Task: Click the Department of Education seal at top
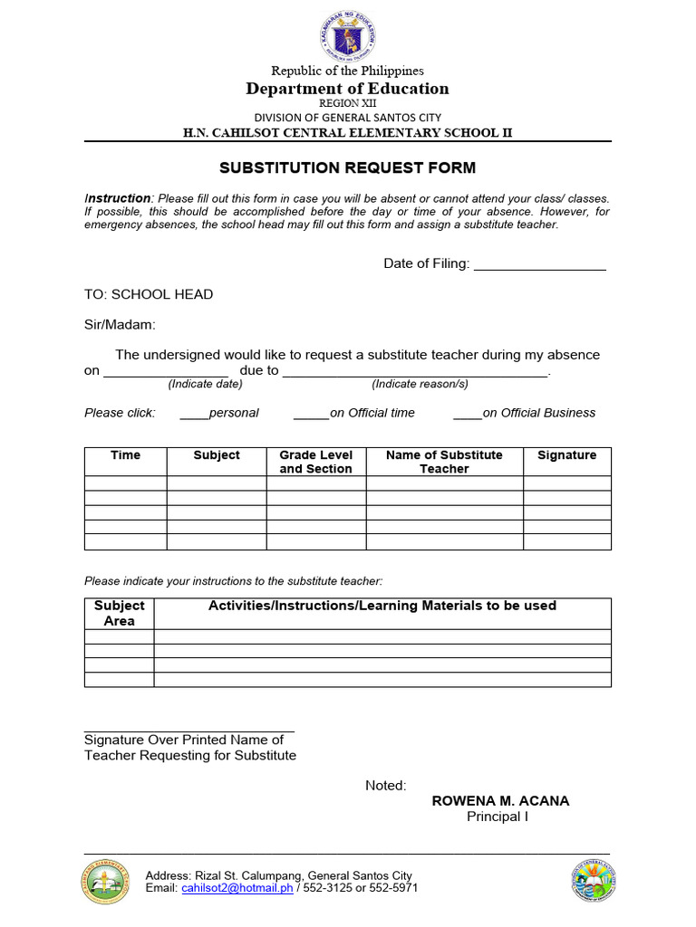347,35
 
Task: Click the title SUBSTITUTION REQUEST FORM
347,168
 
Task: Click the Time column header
125,455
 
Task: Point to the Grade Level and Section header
315,462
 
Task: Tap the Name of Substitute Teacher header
444,462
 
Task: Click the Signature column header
566,455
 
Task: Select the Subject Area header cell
119,613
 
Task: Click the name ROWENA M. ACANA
500,801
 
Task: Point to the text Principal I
497,817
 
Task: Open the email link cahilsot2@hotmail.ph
237,888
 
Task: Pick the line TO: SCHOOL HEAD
149,294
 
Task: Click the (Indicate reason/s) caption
420,384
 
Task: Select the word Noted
385,786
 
